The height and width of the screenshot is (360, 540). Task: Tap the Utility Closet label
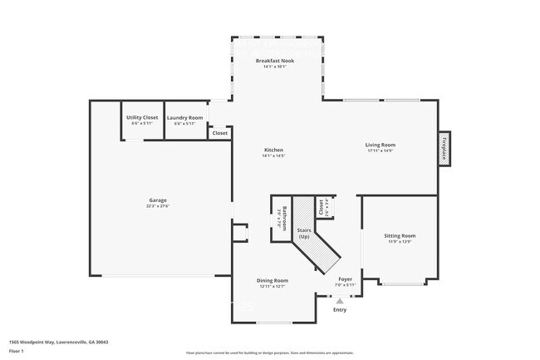142,118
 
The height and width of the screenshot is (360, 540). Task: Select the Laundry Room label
184,118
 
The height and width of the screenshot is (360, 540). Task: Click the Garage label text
158,200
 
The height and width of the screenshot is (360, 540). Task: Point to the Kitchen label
273,150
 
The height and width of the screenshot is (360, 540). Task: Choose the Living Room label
379,145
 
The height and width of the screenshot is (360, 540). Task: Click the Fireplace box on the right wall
444,149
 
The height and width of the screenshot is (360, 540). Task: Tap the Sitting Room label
400,235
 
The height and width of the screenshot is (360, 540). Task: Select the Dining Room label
272,280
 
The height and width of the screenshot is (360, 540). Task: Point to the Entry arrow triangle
339,301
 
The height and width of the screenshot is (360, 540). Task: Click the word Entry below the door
339,310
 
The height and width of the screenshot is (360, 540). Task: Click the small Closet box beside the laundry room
220,133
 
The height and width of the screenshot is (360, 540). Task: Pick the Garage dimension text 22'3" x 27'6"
158,205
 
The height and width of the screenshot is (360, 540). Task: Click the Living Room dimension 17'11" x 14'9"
379,151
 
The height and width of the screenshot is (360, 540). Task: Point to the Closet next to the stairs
320,207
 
